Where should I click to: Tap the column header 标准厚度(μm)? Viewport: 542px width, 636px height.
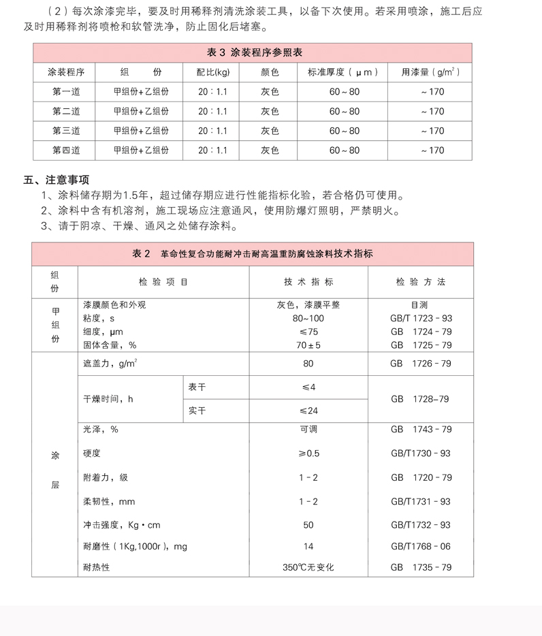(x=344, y=72)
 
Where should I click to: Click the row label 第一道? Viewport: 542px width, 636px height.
(x=66, y=92)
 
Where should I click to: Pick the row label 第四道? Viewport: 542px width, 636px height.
(x=66, y=150)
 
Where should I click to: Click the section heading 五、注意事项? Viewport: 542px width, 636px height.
(x=57, y=180)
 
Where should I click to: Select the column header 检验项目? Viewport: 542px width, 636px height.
(x=163, y=281)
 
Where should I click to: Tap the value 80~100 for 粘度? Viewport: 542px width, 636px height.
(x=308, y=319)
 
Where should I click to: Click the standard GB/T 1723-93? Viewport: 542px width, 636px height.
(x=421, y=319)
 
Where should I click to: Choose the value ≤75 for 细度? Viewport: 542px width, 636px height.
(x=308, y=332)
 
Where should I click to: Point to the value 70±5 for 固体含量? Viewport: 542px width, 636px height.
(x=308, y=345)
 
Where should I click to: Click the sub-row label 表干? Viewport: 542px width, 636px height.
(x=197, y=387)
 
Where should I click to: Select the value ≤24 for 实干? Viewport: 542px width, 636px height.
(x=308, y=411)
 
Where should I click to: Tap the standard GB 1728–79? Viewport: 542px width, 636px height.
(x=420, y=399)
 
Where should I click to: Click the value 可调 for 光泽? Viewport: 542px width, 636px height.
(x=308, y=430)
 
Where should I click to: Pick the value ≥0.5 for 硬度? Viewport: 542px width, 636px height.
(x=308, y=454)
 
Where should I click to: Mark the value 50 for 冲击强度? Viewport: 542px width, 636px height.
(x=308, y=525)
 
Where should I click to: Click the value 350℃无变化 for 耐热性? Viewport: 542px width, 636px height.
(x=308, y=567)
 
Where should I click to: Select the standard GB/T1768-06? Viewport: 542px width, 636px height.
(x=421, y=546)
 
